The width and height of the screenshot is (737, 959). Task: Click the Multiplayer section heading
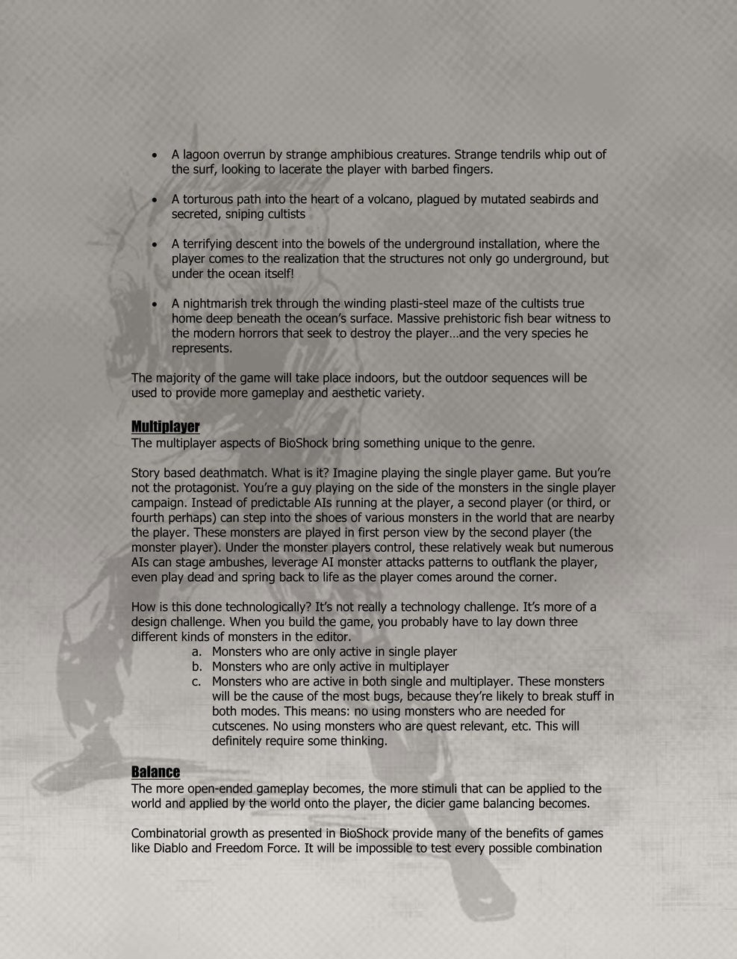point(165,426)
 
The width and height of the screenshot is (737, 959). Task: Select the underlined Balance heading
point(155,772)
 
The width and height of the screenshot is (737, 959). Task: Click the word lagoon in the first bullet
point(200,155)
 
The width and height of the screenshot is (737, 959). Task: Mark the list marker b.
point(196,667)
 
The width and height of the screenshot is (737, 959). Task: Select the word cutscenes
point(240,727)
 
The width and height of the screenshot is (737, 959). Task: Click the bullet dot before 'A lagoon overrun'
point(154,155)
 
